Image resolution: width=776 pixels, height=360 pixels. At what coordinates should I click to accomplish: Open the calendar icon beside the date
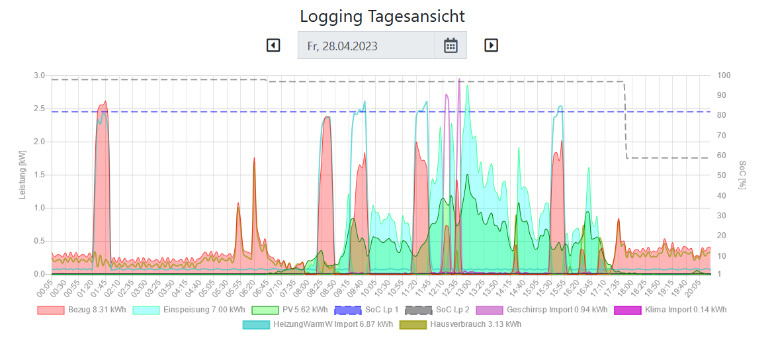click(x=451, y=45)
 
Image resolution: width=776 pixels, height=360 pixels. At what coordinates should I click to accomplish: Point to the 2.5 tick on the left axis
click(x=40, y=109)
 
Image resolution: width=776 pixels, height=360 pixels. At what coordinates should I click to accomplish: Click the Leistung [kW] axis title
click(x=24, y=175)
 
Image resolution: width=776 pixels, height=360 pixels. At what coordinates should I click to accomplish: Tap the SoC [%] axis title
click(x=742, y=175)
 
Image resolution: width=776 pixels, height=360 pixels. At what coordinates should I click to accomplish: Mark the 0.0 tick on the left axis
click(x=40, y=274)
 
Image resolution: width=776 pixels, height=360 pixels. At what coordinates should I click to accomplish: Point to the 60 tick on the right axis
click(x=722, y=156)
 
